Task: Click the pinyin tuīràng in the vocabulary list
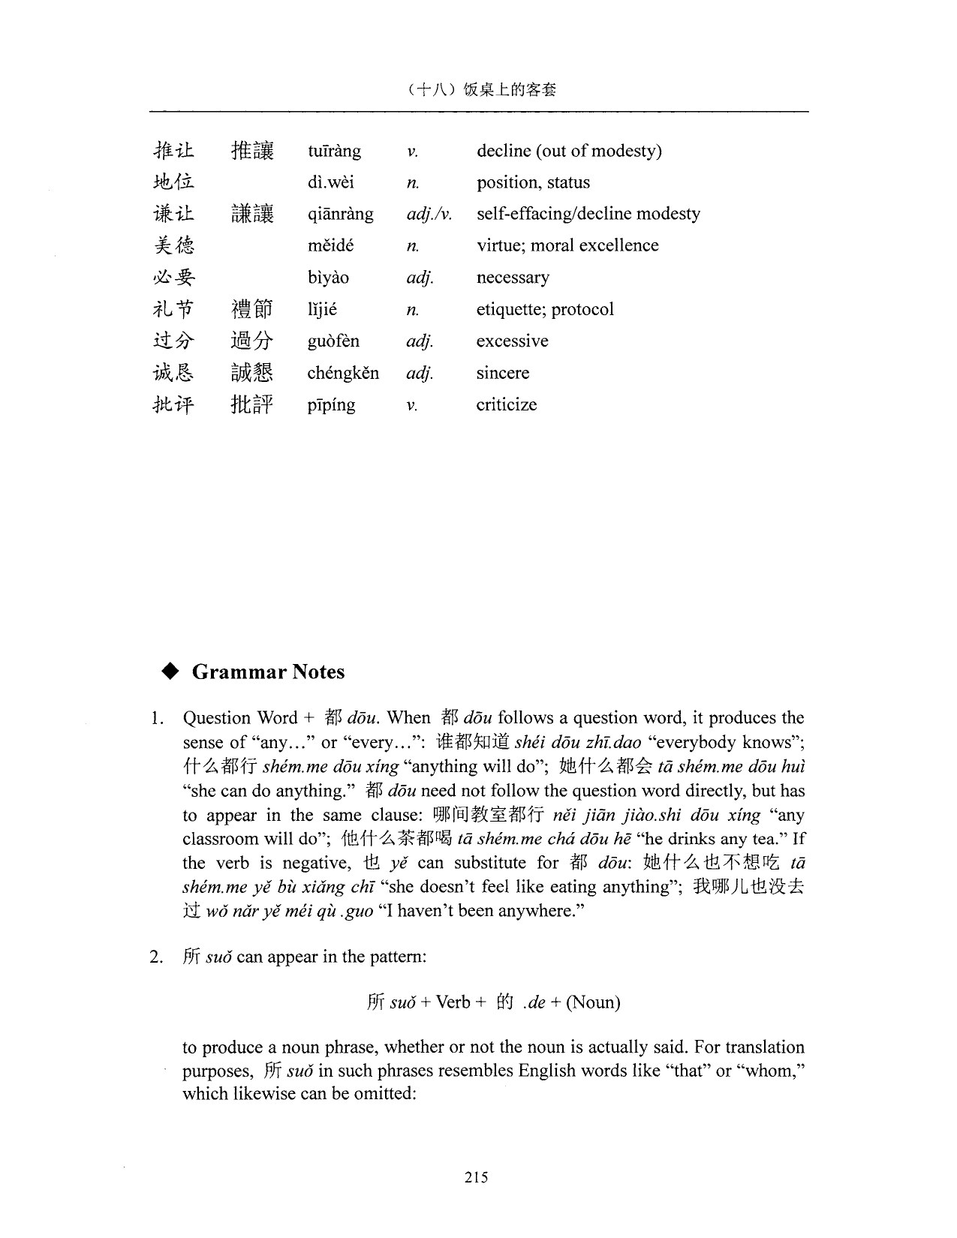coord(334,151)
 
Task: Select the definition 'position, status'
coord(533,182)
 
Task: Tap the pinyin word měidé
coord(330,245)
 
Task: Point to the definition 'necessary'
coord(513,278)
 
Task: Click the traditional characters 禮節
coord(251,309)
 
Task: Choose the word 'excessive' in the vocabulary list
coord(512,341)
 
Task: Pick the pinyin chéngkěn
coord(343,373)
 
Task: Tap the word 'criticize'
coord(507,404)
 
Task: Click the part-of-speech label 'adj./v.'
coord(429,215)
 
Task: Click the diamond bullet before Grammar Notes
coord(171,672)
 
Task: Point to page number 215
coord(476,1177)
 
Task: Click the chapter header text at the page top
coord(479,90)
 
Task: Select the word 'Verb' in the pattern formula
coord(453,1002)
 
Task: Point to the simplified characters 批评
coord(173,404)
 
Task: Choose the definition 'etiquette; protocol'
coord(545,309)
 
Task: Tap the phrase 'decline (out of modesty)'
coord(569,151)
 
